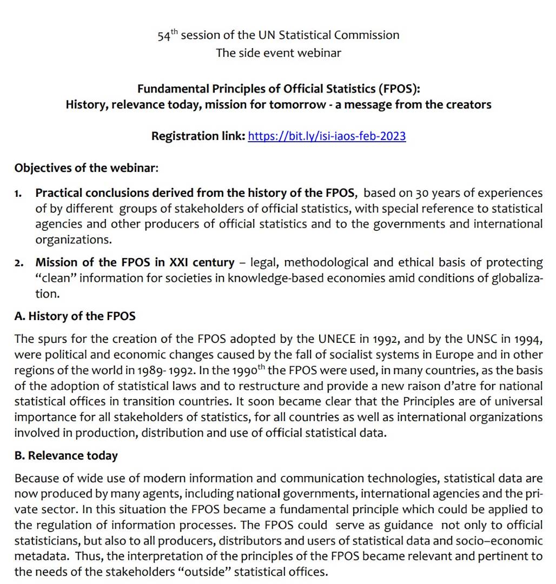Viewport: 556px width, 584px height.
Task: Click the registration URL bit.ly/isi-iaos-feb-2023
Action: point(327,136)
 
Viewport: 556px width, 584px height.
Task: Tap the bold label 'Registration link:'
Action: point(198,136)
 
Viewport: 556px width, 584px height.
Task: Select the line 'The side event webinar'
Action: point(279,53)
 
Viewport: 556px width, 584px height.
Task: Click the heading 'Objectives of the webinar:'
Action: point(87,168)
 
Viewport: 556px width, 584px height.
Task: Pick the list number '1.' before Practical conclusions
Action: point(19,194)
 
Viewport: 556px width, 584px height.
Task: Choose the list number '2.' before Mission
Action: point(19,263)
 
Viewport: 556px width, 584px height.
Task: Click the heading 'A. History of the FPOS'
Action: point(75,316)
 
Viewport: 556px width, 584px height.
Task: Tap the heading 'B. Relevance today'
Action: point(66,456)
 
